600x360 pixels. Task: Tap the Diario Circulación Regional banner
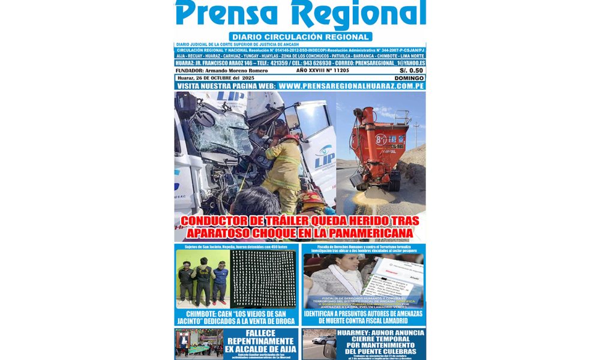[x=300, y=37]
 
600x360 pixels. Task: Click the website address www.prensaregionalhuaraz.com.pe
[x=352, y=86]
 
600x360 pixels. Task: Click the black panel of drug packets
[x=263, y=279]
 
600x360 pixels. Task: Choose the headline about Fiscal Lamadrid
[x=363, y=317]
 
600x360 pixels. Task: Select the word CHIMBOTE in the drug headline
[x=201, y=313]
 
